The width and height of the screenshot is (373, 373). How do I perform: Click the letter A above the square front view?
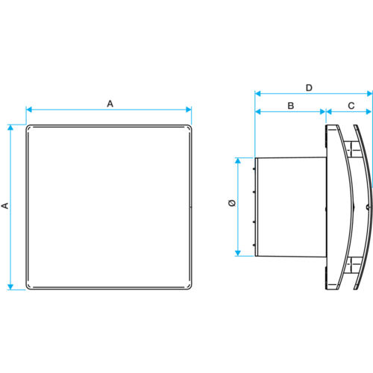[110, 104]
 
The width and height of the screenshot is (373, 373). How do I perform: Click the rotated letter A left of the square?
[5, 206]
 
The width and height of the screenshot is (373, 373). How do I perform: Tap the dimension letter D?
[309, 88]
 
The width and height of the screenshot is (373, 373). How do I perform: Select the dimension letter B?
[291, 106]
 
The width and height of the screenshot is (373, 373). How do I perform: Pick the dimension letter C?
[351, 106]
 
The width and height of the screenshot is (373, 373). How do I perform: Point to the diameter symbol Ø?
[232, 203]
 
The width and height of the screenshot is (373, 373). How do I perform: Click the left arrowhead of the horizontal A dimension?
[29, 110]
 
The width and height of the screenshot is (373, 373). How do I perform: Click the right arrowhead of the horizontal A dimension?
[189, 110]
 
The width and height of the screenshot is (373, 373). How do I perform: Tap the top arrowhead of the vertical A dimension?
[10, 128]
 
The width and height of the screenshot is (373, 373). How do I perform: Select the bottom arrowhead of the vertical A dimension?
[10, 286]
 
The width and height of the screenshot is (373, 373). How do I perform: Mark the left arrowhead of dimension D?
[258, 93]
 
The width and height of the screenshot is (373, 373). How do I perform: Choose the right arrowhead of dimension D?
[369, 93]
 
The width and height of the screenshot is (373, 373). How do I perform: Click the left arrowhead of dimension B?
[258, 112]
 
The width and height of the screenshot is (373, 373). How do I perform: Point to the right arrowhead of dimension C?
[369, 112]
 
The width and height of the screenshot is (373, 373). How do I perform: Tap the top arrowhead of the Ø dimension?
[238, 160]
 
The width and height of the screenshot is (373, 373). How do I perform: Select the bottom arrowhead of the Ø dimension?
[238, 253]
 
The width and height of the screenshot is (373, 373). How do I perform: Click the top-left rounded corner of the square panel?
[28, 127]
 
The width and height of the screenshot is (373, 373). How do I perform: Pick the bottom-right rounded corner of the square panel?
[189, 288]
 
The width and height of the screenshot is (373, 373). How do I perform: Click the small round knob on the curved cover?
[369, 207]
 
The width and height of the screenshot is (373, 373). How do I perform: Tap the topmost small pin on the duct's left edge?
[254, 169]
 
